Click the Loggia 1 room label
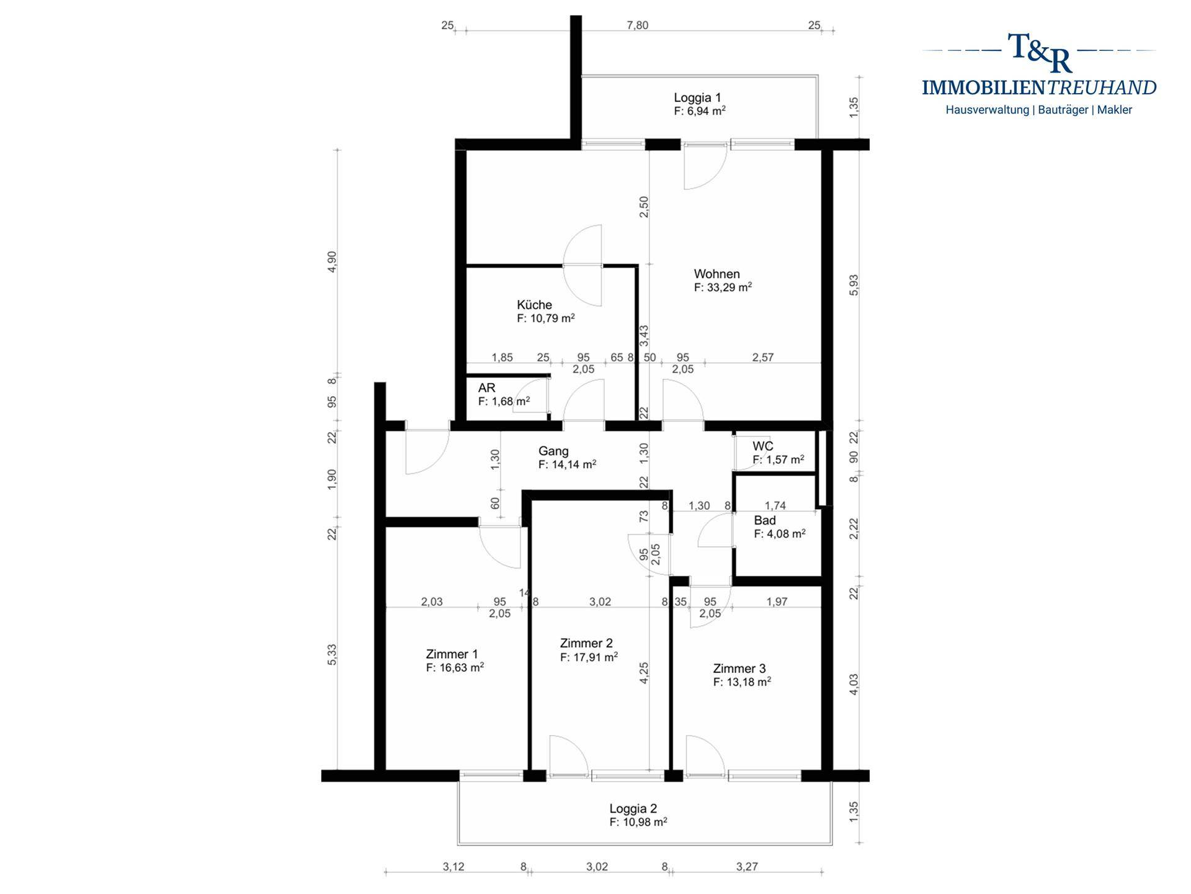tap(697, 97)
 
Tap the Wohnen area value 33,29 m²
tap(723, 287)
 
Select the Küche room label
tap(534, 305)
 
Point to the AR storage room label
tap(487, 388)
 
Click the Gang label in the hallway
tap(553, 451)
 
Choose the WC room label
tap(763, 446)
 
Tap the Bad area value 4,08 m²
tap(780, 534)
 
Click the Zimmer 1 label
tap(452, 654)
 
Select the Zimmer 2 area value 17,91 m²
tap(589, 657)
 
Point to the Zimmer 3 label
tap(739, 669)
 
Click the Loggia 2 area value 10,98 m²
tap(638, 822)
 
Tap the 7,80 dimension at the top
tap(638, 25)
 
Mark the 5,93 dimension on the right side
tap(854, 285)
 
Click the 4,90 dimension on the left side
tap(332, 261)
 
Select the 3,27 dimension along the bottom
tap(747, 867)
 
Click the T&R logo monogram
tap(1040, 53)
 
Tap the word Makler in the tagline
tap(1115, 110)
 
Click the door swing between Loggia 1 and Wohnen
tap(705, 166)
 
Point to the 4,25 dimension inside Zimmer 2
tap(644, 673)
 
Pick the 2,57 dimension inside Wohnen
tap(763, 357)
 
